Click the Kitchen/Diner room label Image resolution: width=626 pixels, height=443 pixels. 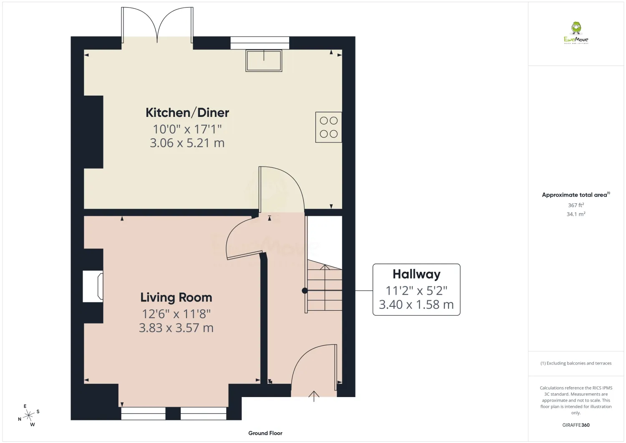point(187,113)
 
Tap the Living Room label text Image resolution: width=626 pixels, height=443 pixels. point(176,297)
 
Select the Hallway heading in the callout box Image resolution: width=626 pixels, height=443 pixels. point(416,274)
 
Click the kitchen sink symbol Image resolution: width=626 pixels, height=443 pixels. point(264,61)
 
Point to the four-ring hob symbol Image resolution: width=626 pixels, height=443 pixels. point(329,127)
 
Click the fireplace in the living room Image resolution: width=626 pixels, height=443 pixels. point(93,286)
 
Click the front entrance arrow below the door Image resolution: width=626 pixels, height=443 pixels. point(314,396)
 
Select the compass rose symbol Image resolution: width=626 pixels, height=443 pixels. point(29,415)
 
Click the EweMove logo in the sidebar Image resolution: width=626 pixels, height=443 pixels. point(576,33)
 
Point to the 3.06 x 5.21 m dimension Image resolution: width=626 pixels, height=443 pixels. point(187,143)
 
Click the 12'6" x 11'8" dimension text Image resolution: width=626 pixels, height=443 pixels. point(176,314)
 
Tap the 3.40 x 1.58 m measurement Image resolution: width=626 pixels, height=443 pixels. point(416,304)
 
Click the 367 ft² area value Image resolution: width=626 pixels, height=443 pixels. point(576,205)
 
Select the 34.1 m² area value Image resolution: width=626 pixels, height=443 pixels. point(576,214)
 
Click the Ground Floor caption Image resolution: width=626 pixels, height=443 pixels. point(265,433)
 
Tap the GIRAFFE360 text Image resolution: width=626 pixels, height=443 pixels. point(576,425)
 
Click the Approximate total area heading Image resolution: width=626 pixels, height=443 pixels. point(576,195)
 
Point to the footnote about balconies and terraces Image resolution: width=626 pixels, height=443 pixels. point(576,363)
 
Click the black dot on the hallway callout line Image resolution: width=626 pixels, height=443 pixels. point(305,291)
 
